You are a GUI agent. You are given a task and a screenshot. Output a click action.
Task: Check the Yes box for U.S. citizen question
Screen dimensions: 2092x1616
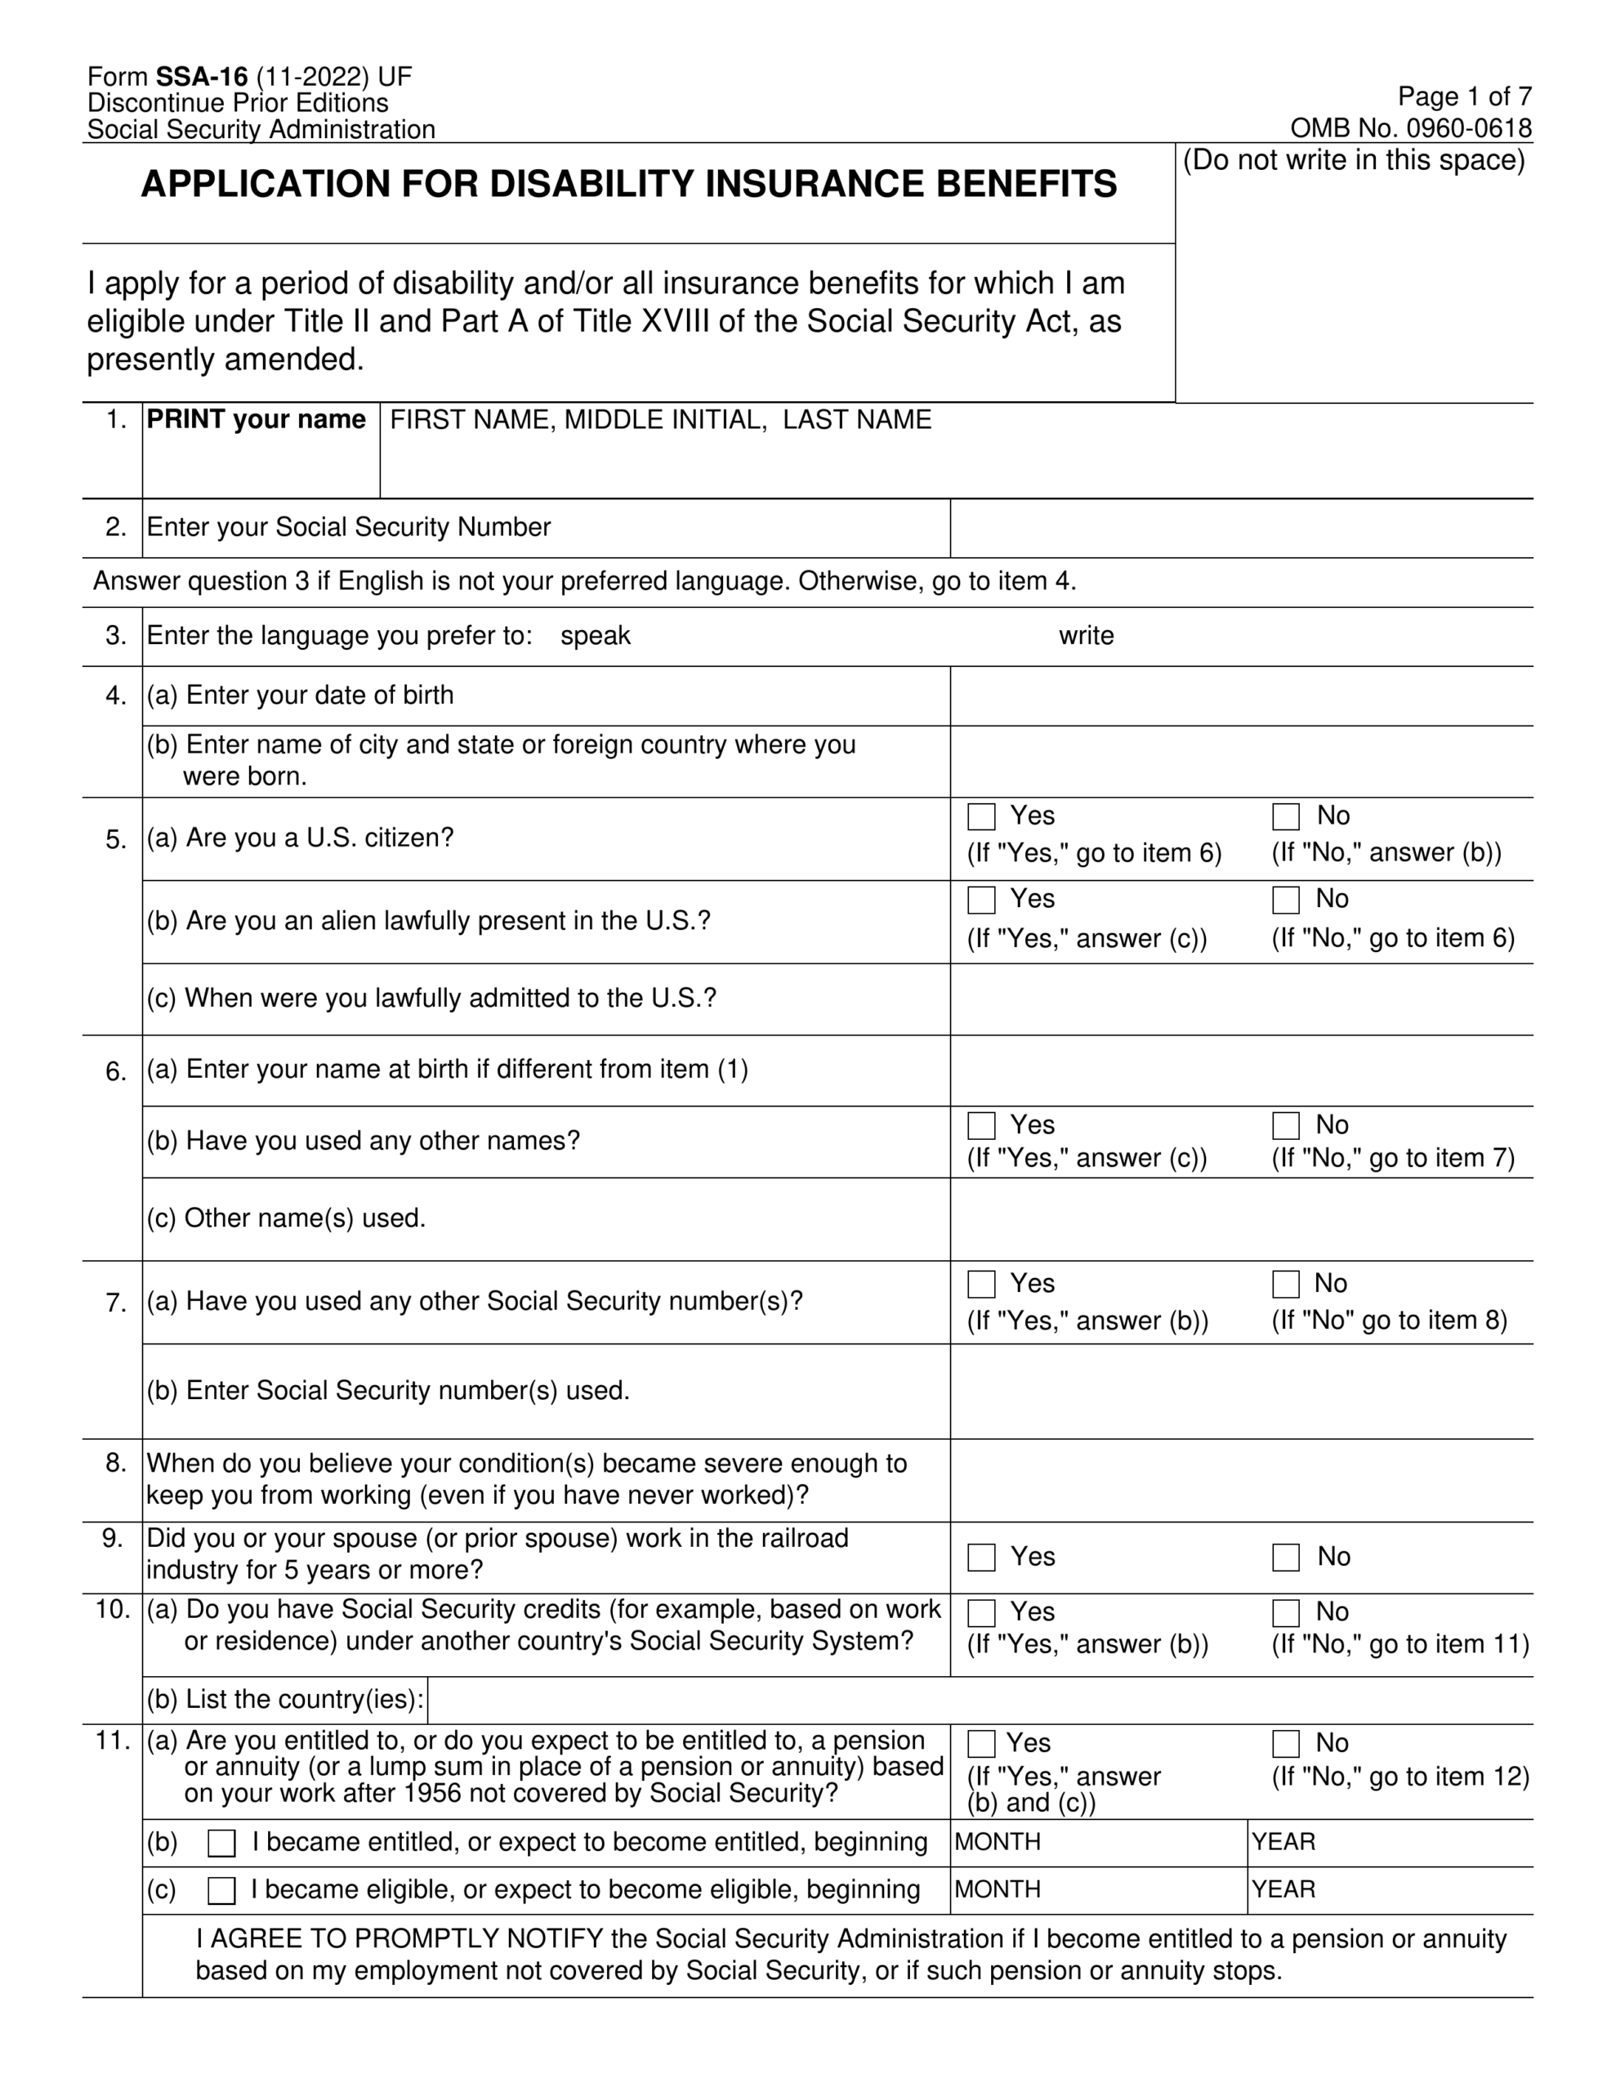pyautogui.click(x=981, y=816)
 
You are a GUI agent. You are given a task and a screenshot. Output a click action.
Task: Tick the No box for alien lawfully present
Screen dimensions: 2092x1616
pyautogui.click(x=1285, y=900)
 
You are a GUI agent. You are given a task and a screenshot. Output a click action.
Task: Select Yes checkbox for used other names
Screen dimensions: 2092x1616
pyautogui.click(x=981, y=1124)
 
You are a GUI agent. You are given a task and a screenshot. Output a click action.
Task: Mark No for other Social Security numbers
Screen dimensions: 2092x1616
pyautogui.click(x=1285, y=1284)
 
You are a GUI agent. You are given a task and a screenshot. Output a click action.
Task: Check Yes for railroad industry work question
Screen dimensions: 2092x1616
pyautogui.click(x=981, y=1557)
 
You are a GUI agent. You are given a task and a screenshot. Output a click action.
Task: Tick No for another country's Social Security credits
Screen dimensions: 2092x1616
pyautogui.click(x=1285, y=1613)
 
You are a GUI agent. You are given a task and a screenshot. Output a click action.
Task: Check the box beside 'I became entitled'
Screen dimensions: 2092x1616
pyautogui.click(x=221, y=1843)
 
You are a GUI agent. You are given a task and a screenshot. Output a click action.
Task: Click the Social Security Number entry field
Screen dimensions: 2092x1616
pyautogui.click(x=1240, y=528)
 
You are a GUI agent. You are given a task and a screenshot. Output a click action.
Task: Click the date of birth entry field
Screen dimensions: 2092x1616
pyautogui.click(x=1240, y=696)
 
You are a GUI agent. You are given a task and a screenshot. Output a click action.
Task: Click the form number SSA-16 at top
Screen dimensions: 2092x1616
pyautogui.click(x=201, y=78)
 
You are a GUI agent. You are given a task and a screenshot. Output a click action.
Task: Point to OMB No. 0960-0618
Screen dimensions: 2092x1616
pyautogui.click(x=1410, y=127)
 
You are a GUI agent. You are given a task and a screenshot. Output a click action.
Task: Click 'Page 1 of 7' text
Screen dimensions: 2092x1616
pyautogui.click(x=1464, y=96)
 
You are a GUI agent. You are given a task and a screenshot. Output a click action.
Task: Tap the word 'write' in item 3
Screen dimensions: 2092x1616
pyautogui.click(x=1085, y=636)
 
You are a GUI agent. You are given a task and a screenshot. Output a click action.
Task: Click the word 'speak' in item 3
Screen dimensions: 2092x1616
pyautogui.click(x=595, y=636)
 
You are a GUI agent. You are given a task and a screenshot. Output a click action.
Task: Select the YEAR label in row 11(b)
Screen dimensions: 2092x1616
pyautogui.click(x=1283, y=1842)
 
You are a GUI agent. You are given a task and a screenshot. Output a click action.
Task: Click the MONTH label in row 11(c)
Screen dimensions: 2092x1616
pyautogui.click(x=998, y=1889)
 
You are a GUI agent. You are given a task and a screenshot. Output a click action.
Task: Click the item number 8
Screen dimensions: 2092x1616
pyautogui.click(x=116, y=1463)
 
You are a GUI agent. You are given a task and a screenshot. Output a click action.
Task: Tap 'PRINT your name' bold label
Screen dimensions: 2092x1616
pyautogui.click(x=256, y=419)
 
